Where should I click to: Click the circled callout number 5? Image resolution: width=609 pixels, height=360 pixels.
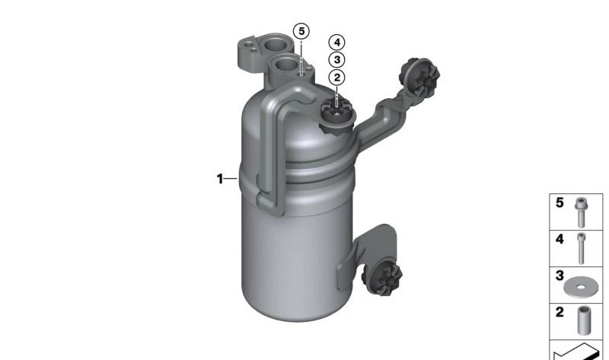coord(301,31)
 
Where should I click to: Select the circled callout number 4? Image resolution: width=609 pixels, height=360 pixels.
coord(336,43)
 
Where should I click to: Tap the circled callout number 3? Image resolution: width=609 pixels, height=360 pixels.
coord(336,60)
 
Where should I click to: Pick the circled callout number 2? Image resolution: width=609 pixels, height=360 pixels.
coord(336,78)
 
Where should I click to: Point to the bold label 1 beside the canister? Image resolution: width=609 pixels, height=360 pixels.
coord(220,179)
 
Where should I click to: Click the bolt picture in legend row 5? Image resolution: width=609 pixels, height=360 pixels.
coord(581,212)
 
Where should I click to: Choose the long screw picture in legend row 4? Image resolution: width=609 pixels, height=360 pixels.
coord(581,248)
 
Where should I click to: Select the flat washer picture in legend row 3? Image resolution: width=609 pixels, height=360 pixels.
coord(581,288)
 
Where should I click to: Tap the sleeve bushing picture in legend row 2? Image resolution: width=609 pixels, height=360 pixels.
coord(583,320)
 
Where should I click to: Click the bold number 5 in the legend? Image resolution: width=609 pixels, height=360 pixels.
coord(560,202)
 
